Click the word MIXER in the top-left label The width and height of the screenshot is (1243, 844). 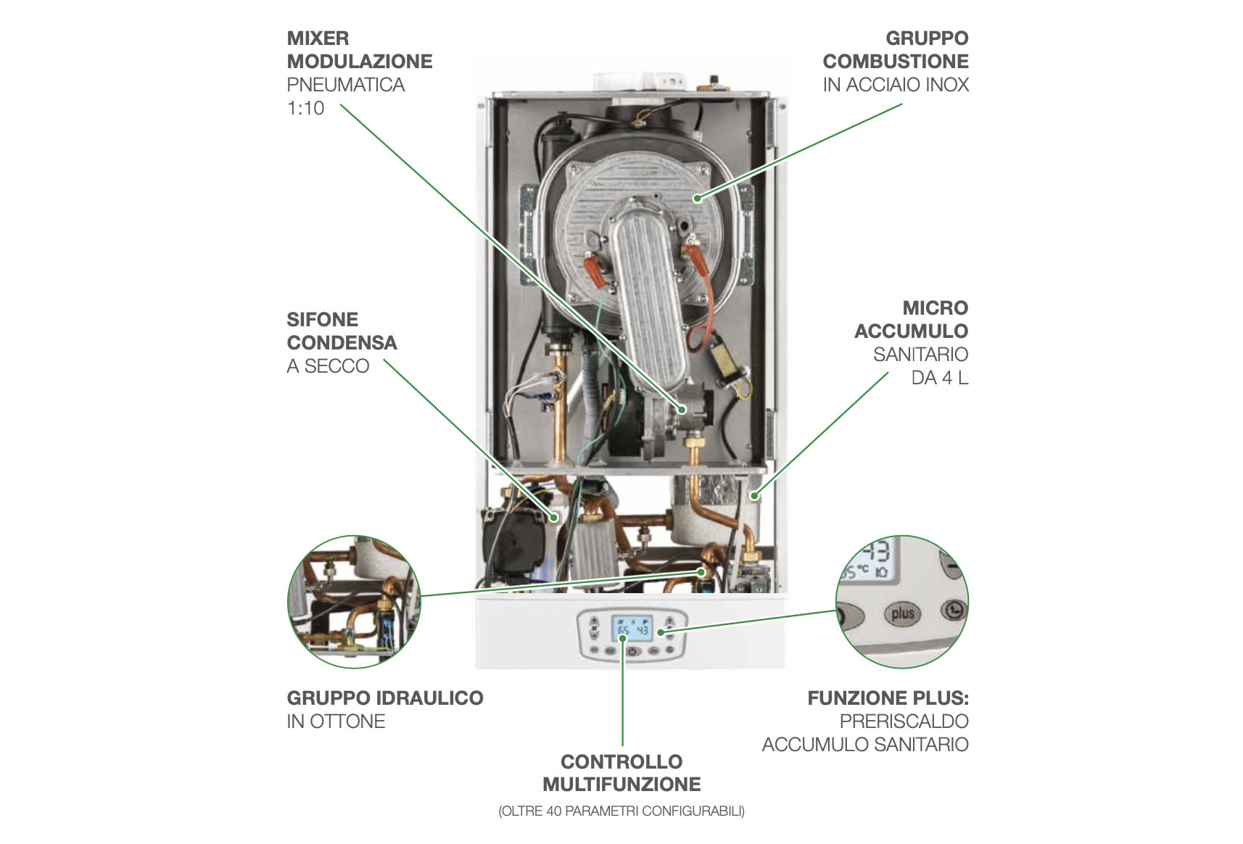point(318,38)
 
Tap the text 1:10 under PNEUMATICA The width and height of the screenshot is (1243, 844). point(305,107)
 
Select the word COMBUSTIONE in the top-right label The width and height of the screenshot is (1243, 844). point(896,61)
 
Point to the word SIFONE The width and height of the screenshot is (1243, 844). point(323,320)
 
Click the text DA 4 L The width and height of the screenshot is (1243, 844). point(940,378)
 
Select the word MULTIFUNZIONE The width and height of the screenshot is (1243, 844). point(621,785)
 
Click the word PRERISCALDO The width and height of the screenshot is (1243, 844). point(904,721)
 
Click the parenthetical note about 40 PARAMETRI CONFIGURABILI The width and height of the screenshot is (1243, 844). point(621,811)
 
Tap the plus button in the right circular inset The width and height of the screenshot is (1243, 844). point(902,614)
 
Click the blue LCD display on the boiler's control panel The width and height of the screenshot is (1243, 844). point(632,629)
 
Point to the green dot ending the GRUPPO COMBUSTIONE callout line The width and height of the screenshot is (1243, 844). point(698,199)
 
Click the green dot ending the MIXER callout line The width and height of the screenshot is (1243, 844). point(682,410)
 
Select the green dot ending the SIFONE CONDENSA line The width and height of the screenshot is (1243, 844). point(553,518)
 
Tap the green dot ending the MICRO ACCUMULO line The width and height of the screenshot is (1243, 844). point(755,495)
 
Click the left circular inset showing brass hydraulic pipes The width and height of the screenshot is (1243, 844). point(354,602)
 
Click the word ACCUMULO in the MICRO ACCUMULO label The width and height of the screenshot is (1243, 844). point(911,331)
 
